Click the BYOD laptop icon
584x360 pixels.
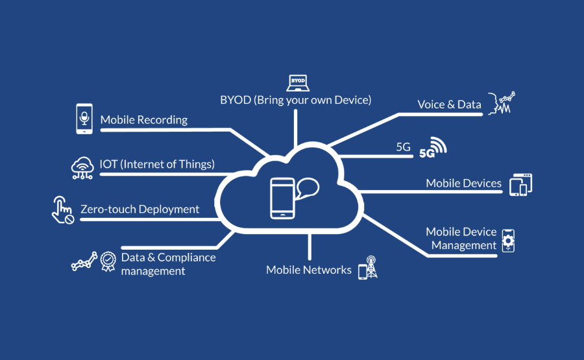tap(297, 82)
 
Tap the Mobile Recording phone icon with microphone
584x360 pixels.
tap(84, 119)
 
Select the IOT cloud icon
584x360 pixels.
tap(83, 167)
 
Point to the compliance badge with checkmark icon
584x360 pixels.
tap(108, 261)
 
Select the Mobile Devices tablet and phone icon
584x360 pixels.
tap(521, 184)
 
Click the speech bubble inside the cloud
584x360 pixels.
tap(307, 189)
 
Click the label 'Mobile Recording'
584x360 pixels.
tap(143, 120)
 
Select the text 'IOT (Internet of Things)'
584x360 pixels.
tap(157, 164)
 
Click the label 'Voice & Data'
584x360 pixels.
tap(449, 104)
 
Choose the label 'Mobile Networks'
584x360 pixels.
tap(308, 270)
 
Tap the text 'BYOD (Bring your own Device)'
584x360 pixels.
tap(295, 100)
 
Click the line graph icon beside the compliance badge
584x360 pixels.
tap(84, 261)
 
